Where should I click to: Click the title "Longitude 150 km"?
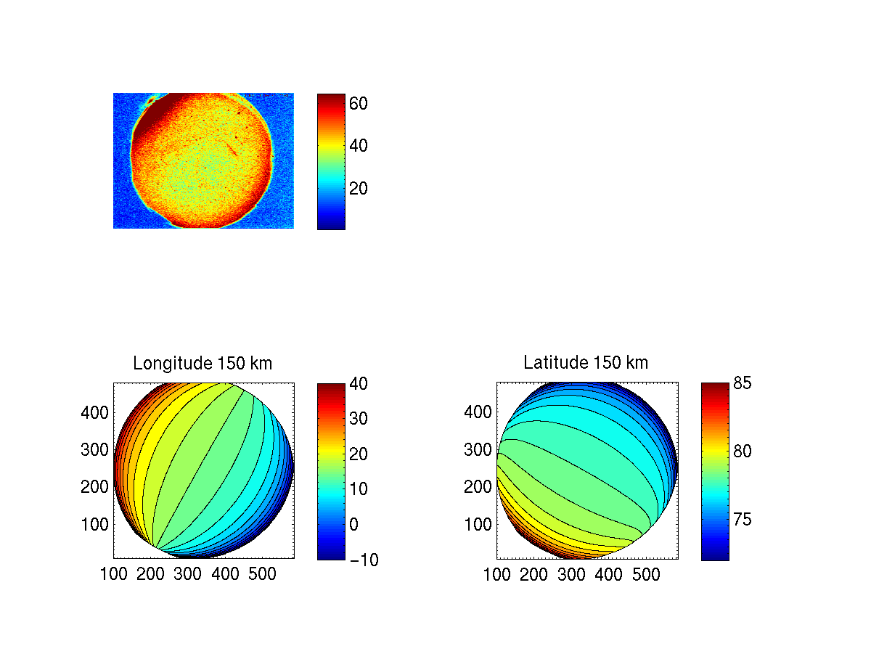[203, 364]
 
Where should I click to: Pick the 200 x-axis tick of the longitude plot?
[151, 575]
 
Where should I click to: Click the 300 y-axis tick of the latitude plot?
[477, 449]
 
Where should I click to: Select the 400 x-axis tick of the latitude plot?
[608, 575]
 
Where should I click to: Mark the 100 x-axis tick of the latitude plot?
[497, 575]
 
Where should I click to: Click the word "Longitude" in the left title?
[169, 364]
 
